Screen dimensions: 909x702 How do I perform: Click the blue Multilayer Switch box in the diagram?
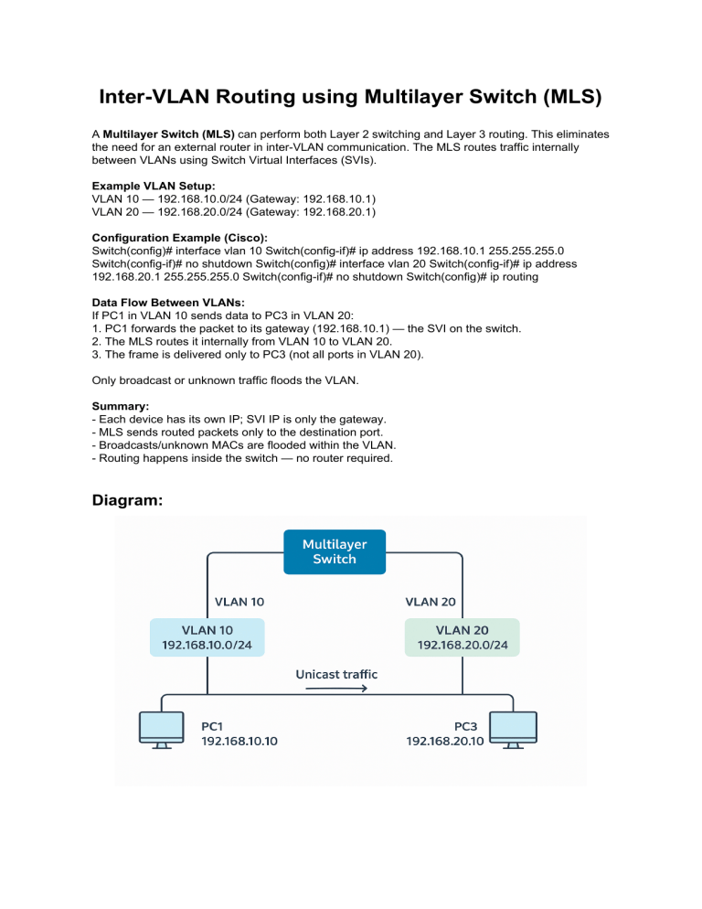click(335, 551)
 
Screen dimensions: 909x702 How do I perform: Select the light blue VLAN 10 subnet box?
click(207, 636)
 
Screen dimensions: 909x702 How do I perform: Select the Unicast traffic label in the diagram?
click(335, 674)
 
